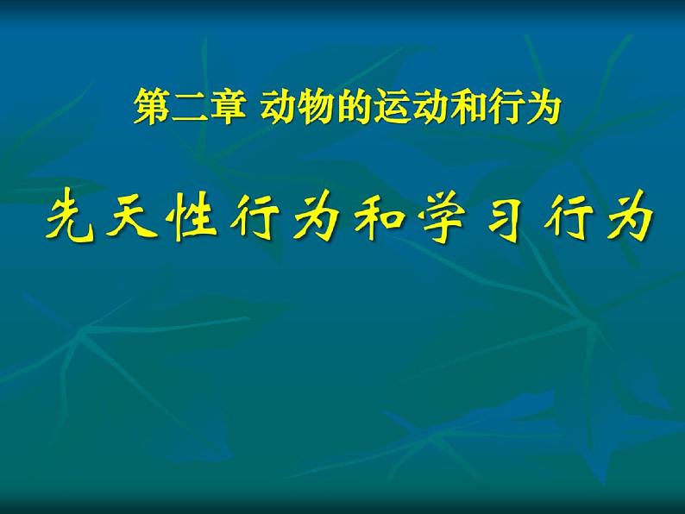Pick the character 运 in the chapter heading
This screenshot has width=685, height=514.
click(x=388, y=110)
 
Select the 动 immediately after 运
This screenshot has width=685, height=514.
click(x=424, y=110)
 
